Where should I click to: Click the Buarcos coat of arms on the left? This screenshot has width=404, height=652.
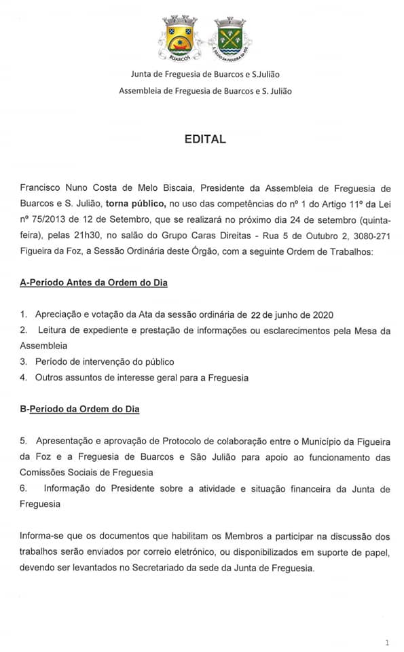[180, 39]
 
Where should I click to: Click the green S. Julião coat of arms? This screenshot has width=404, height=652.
[228, 40]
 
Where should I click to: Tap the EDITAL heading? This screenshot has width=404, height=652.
[204, 140]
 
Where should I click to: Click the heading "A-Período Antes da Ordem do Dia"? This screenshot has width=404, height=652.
[94, 282]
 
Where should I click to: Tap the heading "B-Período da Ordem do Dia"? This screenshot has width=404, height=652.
[79, 410]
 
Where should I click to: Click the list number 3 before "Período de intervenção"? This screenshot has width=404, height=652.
[23, 361]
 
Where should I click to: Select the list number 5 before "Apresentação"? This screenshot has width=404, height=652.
[23, 441]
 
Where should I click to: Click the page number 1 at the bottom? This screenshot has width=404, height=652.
[386, 641]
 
